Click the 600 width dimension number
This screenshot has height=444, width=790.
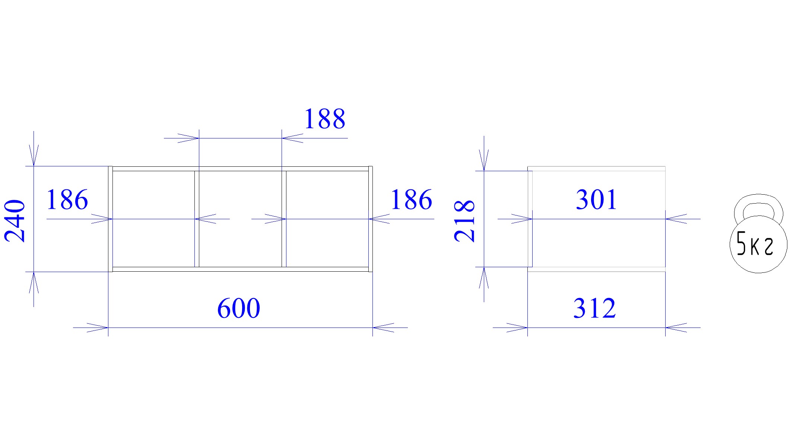[x=238, y=309]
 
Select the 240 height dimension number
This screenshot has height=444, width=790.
[x=15, y=221]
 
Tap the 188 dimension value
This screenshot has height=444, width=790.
[x=325, y=119]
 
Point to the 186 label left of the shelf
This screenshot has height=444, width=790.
[x=67, y=200]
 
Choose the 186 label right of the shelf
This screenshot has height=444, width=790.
[x=411, y=200]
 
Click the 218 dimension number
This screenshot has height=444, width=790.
[x=464, y=221]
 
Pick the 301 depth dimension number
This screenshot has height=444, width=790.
[x=596, y=200]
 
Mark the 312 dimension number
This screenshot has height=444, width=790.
[x=594, y=309]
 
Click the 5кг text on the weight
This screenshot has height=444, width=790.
[x=755, y=244]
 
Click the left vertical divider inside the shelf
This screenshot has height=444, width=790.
[x=197, y=219]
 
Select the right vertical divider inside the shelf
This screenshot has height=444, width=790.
[x=284, y=219]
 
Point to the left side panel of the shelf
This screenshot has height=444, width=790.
[x=110, y=219]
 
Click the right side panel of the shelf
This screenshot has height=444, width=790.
[x=371, y=219]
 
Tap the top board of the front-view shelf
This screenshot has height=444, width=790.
[x=241, y=169]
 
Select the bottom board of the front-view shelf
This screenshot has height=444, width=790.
[x=241, y=269]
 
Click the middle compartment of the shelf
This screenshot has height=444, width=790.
[x=240, y=219]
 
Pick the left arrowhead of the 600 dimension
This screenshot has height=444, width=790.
[x=98, y=328]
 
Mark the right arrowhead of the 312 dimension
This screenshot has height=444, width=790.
[x=676, y=328]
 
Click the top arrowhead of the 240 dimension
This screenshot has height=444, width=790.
[x=34, y=155]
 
